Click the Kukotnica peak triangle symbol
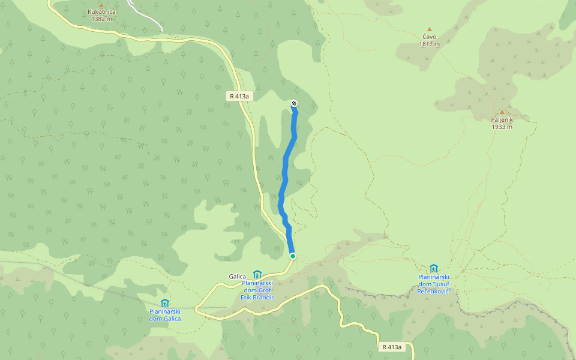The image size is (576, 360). point(101,5)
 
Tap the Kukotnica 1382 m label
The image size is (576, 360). point(101,15)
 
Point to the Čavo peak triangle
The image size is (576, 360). point(429,29)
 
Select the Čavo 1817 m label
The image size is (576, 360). point(430,40)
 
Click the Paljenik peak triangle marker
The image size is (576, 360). point(502,112)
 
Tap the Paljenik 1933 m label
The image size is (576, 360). point(502,123)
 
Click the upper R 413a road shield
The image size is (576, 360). point(239,95)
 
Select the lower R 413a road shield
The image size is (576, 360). point(391,347)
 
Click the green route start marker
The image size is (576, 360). point(293,256)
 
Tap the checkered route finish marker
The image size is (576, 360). point(294,104)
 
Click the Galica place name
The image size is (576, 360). point(238,277)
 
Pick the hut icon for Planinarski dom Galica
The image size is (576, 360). point(165,303)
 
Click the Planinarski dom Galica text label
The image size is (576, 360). point(165,314)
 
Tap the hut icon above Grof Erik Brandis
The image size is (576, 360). point(257,274)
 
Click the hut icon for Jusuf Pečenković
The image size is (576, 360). point(434,268)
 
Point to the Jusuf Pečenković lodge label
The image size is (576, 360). point(434,284)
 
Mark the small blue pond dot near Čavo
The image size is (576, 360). point(376,19)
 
